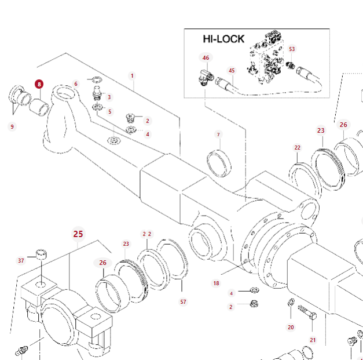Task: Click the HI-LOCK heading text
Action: (x=223, y=39)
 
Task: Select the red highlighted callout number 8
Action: (x=39, y=84)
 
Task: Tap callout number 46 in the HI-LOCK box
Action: (x=206, y=58)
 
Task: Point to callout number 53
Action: (x=292, y=49)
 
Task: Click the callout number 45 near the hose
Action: (x=232, y=71)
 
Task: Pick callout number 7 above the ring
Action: (x=219, y=134)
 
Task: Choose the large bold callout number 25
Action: (x=78, y=234)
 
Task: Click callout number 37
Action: (x=21, y=261)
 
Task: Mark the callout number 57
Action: (x=184, y=301)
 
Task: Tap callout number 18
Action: (x=216, y=283)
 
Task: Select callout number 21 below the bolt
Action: (x=313, y=340)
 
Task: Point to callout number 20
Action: (x=291, y=327)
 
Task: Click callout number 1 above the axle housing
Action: (x=132, y=76)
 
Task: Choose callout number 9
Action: (x=12, y=126)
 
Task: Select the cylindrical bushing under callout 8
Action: (x=39, y=107)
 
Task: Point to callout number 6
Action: (x=76, y=84)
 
